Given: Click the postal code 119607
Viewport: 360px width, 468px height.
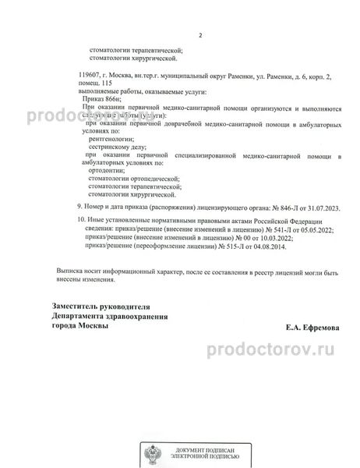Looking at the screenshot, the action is click(91, 74).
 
